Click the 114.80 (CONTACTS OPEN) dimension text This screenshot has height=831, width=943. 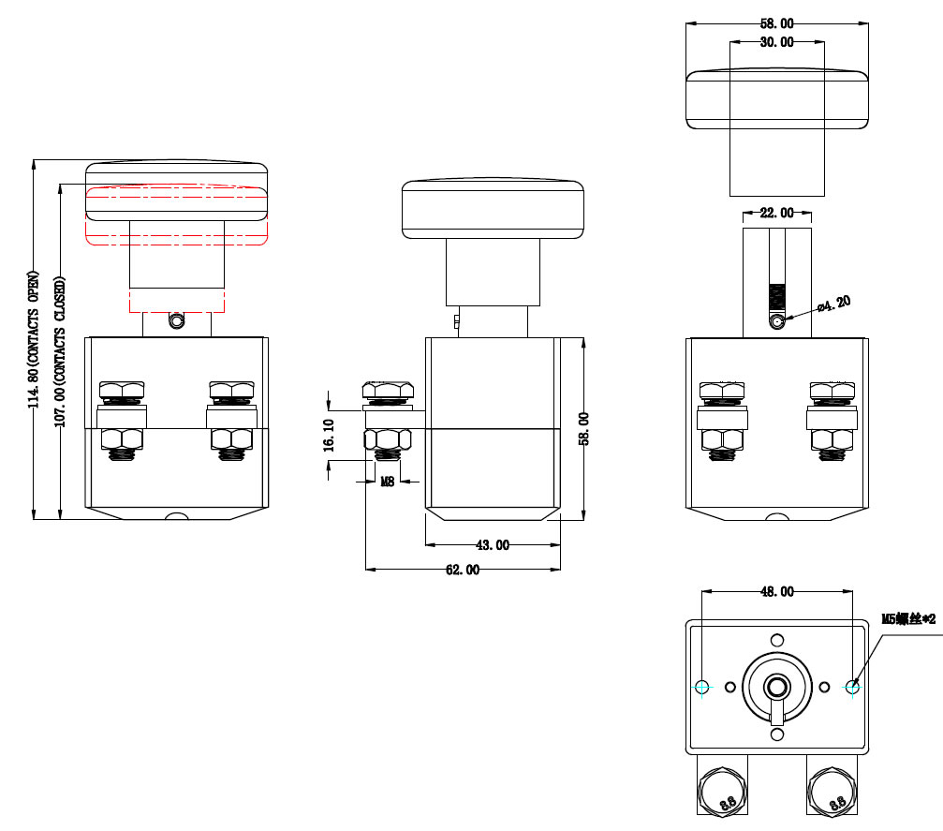[x=34, y=340]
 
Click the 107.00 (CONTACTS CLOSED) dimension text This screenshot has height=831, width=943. [x=61, y=352]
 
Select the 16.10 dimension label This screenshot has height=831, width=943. [x=329, y=437]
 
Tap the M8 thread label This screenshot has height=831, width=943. [x=387, y=482]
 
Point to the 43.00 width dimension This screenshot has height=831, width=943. [x=493, y=544]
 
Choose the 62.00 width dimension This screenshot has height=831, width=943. [x=463, y=569]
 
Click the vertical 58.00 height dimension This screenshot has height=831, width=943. [x=583, y=428]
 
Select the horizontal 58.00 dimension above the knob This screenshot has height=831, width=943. [x=776, y=23]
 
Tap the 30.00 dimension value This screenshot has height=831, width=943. [x=776, y=42]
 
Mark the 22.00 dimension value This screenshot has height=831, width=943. [x=776, y=213]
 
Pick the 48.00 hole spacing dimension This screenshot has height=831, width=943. [x=776, y=591]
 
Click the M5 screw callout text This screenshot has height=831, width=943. [x=909, y=618]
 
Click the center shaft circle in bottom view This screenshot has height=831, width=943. [x=776, y=687]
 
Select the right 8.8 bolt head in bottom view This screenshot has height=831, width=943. [x=832, y=791]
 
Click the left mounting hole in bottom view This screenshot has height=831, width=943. [x=702, y=687]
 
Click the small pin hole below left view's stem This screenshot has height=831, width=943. [x=176, y=321]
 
